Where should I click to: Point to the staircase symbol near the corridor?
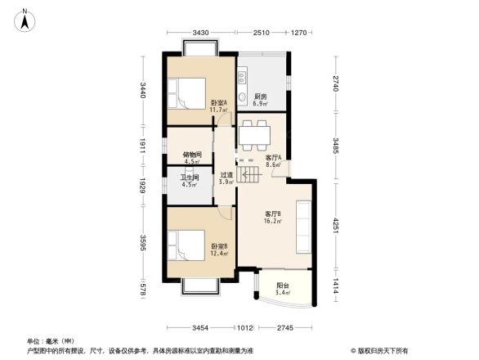(x=245, y=170)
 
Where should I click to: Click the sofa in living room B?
(x=304, y=227)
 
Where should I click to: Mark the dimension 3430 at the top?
(x=201, y=32)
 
